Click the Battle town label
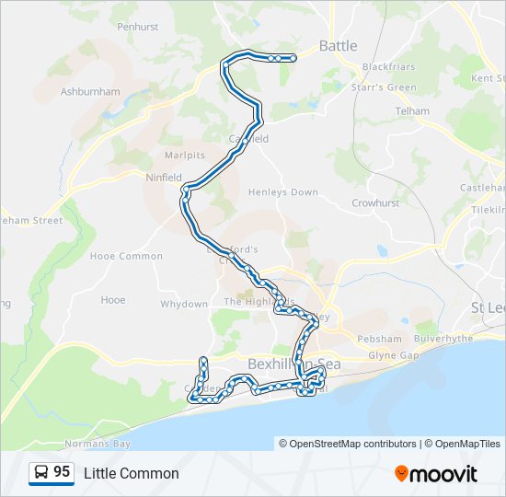coord(338,45)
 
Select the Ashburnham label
coord(90,92)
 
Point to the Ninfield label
coord(164,177)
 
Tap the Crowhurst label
coord(374,202)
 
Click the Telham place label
coord(411,111)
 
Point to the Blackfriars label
coord(388,67)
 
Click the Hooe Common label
coord(126,256)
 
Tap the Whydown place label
coord(184,304)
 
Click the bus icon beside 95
coord(41,473)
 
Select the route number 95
coord(62,472)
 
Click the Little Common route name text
coord(132,474)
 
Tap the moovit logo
coord(436,474)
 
